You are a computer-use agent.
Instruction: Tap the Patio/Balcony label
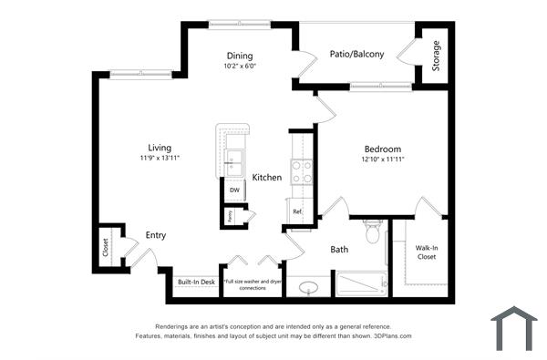[356, 54]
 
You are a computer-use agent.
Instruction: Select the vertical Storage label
[436, 56]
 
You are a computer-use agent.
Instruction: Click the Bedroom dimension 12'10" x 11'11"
[383, 159]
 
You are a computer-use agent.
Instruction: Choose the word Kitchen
[267, 177]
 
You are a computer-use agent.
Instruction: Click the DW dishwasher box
[234, 190]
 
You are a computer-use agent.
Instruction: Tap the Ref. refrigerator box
[297, 211]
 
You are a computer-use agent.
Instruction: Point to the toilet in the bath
[371, 235]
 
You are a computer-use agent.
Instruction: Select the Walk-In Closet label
[427, 252]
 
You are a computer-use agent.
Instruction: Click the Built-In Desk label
[196, 283]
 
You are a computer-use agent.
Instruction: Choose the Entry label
[156, 235]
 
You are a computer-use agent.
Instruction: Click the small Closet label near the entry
[105, 247]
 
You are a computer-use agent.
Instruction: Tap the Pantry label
[231, 217]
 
